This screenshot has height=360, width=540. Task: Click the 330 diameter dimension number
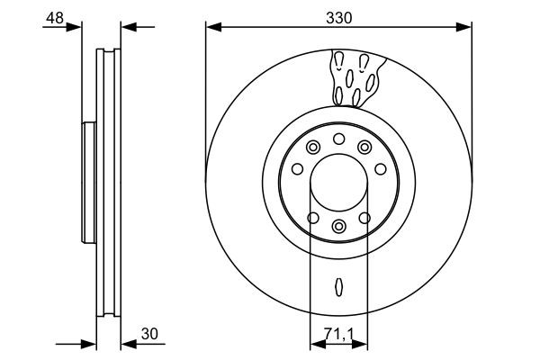[338, 16]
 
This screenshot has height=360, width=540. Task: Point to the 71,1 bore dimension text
[338, 333]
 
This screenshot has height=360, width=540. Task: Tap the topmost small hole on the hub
[338, 138]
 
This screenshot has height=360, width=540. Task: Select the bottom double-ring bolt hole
[338, 226]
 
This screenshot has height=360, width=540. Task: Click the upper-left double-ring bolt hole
[312, 148]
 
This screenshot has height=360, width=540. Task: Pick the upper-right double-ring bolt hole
[364, 148]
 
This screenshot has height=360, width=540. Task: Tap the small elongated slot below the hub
[338, 287]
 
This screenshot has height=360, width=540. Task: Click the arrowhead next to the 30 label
[127, 344]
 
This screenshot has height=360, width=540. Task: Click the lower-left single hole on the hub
[312, 217]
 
